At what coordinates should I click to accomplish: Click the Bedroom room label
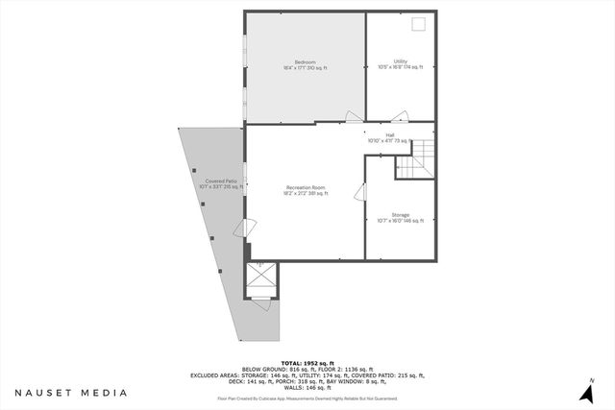(x=305, y=64)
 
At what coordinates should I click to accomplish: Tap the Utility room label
(x=401, y=64)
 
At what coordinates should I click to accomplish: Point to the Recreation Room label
(x=306, y=190)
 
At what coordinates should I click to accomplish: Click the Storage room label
(x=401, y=217)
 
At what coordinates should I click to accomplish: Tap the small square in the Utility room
(x=418, y=25)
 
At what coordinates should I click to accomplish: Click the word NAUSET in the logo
(x=44, y=393)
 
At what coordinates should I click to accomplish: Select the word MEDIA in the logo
(x=103, y=393)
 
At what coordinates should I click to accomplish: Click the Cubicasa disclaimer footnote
(x=307, y=398)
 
